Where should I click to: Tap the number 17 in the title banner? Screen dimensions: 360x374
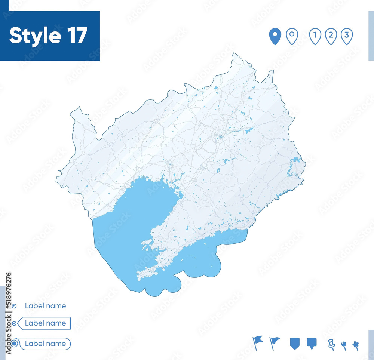[77, 36]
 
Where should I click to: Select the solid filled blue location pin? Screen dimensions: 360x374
[275, 37]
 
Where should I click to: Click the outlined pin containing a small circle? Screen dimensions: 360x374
[292, 37]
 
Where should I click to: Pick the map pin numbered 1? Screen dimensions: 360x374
[315, 37]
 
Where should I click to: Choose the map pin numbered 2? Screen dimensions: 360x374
[331, 37]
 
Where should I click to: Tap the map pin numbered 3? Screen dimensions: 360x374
[347, 37]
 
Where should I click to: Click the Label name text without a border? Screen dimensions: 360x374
[45, 306]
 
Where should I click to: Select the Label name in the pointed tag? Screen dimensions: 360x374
[45, 323]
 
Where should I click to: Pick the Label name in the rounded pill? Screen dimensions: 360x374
[45, 344]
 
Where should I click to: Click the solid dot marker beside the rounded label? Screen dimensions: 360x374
[14, 344]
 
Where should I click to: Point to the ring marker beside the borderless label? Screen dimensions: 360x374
[14, 306]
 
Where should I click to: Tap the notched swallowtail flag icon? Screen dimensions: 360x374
[257, 342]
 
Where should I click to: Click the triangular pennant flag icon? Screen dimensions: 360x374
[275, 342]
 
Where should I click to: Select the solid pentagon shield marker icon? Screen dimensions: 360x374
[295, 343]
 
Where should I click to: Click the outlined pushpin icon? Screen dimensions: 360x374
[331, 344]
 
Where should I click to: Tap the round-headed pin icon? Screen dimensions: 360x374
[344, 345]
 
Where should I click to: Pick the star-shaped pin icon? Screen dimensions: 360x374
[355, 345]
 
